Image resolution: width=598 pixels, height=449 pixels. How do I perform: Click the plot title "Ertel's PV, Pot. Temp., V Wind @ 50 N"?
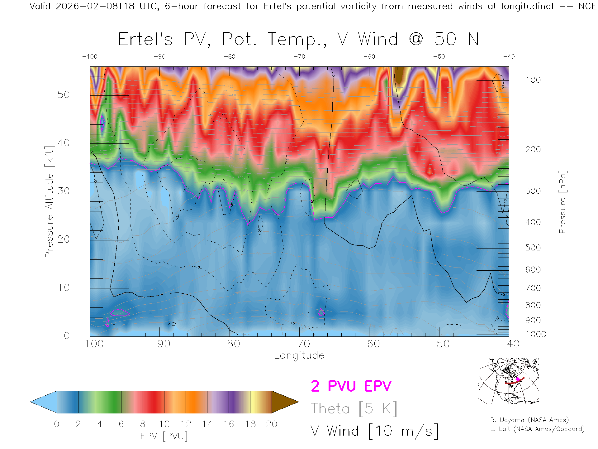[298, 40]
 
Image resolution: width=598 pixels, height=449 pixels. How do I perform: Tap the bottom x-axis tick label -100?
[90, 344]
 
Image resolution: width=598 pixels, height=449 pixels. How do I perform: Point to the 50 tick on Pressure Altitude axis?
[64, 95]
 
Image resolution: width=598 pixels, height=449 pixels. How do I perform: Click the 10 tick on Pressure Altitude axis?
[64, 287]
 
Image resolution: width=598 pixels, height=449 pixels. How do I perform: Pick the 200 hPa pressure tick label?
[533, 149]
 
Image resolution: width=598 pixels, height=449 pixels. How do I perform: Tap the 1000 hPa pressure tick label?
[536, 334]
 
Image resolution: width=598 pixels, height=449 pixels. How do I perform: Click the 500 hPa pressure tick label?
[533, 248]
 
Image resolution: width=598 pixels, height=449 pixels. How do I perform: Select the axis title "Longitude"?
[299, 355]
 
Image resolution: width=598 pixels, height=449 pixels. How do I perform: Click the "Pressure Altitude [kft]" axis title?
[49, 202]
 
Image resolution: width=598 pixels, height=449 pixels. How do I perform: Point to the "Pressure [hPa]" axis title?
[562, 202]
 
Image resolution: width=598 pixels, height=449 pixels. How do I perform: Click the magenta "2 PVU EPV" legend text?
[351, 386]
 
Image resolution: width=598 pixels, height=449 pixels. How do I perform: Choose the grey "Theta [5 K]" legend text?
[354, 408]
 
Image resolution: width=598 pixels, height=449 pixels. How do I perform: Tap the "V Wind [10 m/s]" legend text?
[375, 431]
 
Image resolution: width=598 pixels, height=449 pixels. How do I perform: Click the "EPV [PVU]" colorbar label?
[164, 436]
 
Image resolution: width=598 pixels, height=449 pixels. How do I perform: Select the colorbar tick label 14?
[207, 424]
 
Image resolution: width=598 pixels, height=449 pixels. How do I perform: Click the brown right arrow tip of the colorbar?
[285, 402]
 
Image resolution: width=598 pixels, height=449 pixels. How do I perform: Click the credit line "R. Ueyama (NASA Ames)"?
[529, 420]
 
